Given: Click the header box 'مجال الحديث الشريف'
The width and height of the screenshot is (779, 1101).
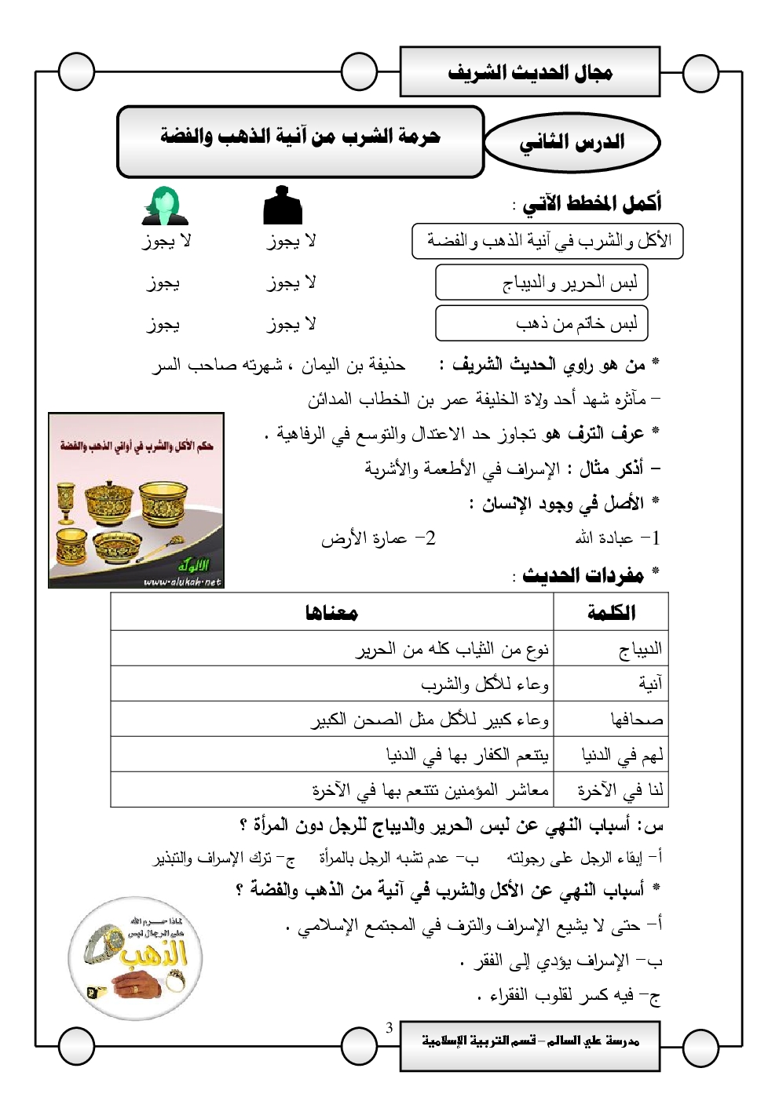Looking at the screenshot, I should tap(530, 72).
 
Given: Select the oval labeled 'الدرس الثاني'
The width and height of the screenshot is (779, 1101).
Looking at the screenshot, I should tap(572, 142).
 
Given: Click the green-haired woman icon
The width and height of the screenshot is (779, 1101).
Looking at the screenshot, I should tap(165, 206).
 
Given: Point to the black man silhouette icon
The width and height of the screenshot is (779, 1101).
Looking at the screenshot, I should tap(283, 206).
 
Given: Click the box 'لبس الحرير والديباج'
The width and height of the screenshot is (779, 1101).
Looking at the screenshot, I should tap(542, 283).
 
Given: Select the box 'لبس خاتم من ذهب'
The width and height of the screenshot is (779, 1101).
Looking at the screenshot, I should tap(542, 323).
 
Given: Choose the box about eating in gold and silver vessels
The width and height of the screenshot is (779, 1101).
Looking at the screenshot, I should tap(547, 241).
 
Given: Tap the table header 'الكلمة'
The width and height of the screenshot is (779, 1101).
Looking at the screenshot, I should tap(611, 612).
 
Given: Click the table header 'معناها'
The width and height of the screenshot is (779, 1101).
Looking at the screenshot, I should tap(331, 612).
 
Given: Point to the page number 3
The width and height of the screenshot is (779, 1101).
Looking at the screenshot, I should tap(389, 1028).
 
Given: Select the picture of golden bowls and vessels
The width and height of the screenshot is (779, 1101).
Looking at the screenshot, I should tap(137, 501).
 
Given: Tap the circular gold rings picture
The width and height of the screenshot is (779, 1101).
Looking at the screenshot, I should tap(136, 959).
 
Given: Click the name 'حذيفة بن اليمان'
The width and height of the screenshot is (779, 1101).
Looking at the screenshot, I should tap(353, 365).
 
